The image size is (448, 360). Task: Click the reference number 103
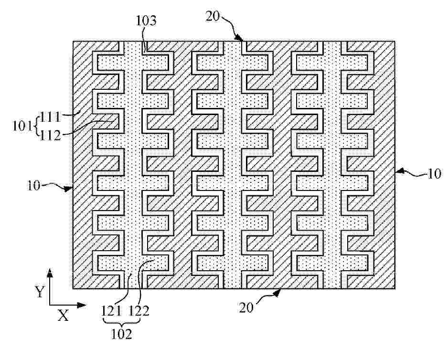coord(146,21)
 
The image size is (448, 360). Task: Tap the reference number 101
coord(22,126)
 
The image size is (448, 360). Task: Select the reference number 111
coord(50,116)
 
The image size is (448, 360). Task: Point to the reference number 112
coord(50,136)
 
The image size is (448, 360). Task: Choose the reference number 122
coord(139,310)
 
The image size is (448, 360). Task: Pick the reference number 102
coord(121,334)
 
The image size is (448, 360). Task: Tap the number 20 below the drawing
coord(246,307)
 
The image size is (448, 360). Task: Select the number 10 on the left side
coord(34,185)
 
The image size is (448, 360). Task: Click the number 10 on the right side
coord(434,173)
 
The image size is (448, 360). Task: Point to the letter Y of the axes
coord(40,292)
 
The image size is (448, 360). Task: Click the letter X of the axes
coord(63,316)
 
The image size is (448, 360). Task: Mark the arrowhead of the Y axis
coord(50,273)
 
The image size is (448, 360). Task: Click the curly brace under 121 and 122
coord(122,322)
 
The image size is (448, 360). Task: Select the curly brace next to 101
coord(36,126)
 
